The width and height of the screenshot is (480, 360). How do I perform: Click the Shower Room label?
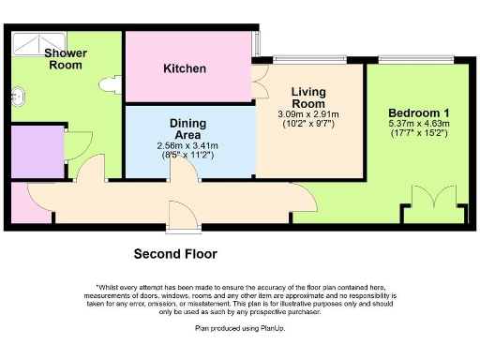coord(67,59)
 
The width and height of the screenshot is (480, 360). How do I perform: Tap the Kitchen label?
coord(185,68)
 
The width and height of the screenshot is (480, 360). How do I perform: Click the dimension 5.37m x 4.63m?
coord(419,123)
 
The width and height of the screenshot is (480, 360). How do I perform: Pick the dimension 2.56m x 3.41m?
coord(187,145)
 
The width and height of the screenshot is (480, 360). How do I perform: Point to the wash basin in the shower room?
coord(17,94)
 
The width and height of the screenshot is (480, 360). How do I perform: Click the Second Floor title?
coord(175,253)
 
